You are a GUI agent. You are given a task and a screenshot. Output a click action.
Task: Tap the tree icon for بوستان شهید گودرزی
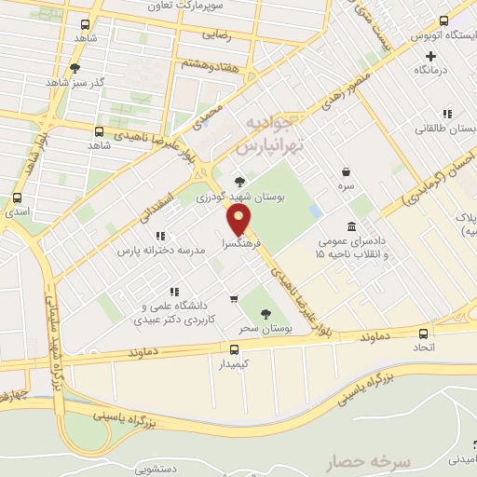(240, 181)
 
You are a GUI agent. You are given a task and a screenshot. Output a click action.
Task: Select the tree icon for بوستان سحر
(266, 313)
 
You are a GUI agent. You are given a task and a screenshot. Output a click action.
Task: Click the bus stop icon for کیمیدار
(234, 349)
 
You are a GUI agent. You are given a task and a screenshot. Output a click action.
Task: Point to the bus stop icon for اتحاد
(424, 333)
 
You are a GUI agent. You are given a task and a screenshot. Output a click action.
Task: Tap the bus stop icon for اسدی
(17, 198)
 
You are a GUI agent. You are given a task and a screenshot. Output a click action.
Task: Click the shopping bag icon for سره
(347, 171)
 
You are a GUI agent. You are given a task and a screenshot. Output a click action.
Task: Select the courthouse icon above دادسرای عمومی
(350, 226)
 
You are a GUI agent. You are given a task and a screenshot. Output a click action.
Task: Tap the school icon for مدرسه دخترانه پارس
(160, 236)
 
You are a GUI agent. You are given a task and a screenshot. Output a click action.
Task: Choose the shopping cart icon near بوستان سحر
(234, 298)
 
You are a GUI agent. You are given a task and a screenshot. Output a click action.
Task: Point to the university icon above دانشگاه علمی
(173, 291)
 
